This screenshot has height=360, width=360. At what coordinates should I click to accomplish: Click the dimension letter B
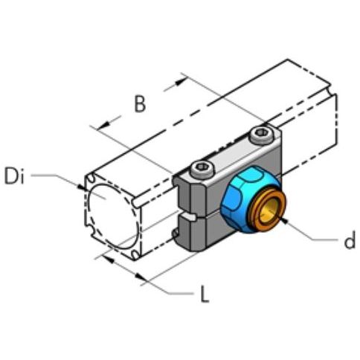click(140, 105)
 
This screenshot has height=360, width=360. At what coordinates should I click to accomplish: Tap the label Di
click(16, 176)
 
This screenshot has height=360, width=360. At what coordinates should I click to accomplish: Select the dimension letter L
click(203, 295)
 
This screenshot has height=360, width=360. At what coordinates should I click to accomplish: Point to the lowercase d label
click(349, 240)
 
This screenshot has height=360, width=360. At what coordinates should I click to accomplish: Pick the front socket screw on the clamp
click(199, 169)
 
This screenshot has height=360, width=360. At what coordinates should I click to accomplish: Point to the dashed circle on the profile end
click(112, 218)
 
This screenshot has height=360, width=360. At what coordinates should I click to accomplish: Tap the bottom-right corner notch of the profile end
click(135, 254)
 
